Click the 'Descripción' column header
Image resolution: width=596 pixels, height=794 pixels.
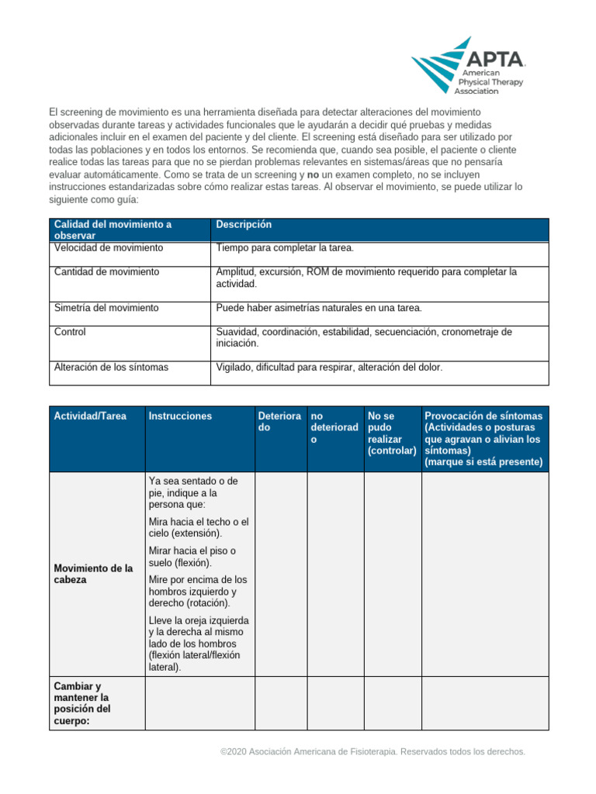(244, 224)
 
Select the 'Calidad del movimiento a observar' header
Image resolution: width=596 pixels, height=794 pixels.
(113, 230)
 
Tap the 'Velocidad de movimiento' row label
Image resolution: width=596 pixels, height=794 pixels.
(109, 247)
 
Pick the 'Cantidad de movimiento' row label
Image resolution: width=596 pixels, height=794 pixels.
(106, 271)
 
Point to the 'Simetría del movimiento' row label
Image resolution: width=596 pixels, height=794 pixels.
(106, 308)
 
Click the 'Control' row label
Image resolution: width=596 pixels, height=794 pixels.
(70, 332)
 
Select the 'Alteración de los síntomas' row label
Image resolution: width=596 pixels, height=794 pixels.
(111, 368)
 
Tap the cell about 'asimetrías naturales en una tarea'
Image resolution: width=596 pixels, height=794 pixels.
(319, 308)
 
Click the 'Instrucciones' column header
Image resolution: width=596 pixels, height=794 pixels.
(179, 416)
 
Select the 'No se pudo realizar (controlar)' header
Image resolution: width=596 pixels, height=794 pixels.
(392, 433)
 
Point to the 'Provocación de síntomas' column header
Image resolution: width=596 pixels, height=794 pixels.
(483, 439)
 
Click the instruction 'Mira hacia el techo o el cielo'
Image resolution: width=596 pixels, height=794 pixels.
(198, 527)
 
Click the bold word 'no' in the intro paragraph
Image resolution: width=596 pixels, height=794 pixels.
(314, 175)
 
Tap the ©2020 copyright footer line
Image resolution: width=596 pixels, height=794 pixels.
(373, 751)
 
